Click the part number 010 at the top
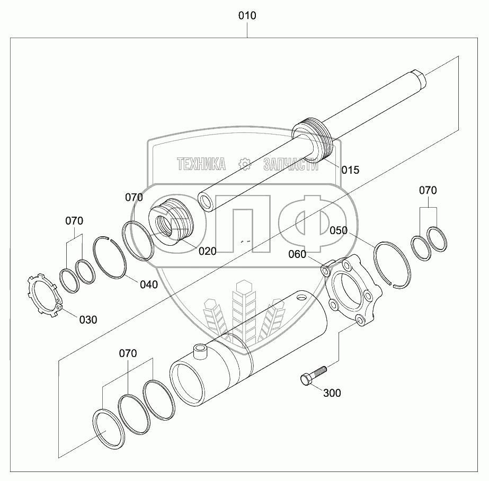247,16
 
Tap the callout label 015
350,170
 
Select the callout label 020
208,251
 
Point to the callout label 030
88,319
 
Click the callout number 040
148,284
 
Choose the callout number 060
297,254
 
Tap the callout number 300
332,393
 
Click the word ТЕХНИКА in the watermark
201,164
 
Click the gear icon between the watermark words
245,164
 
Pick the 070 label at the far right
429,190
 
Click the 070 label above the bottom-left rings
128,353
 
